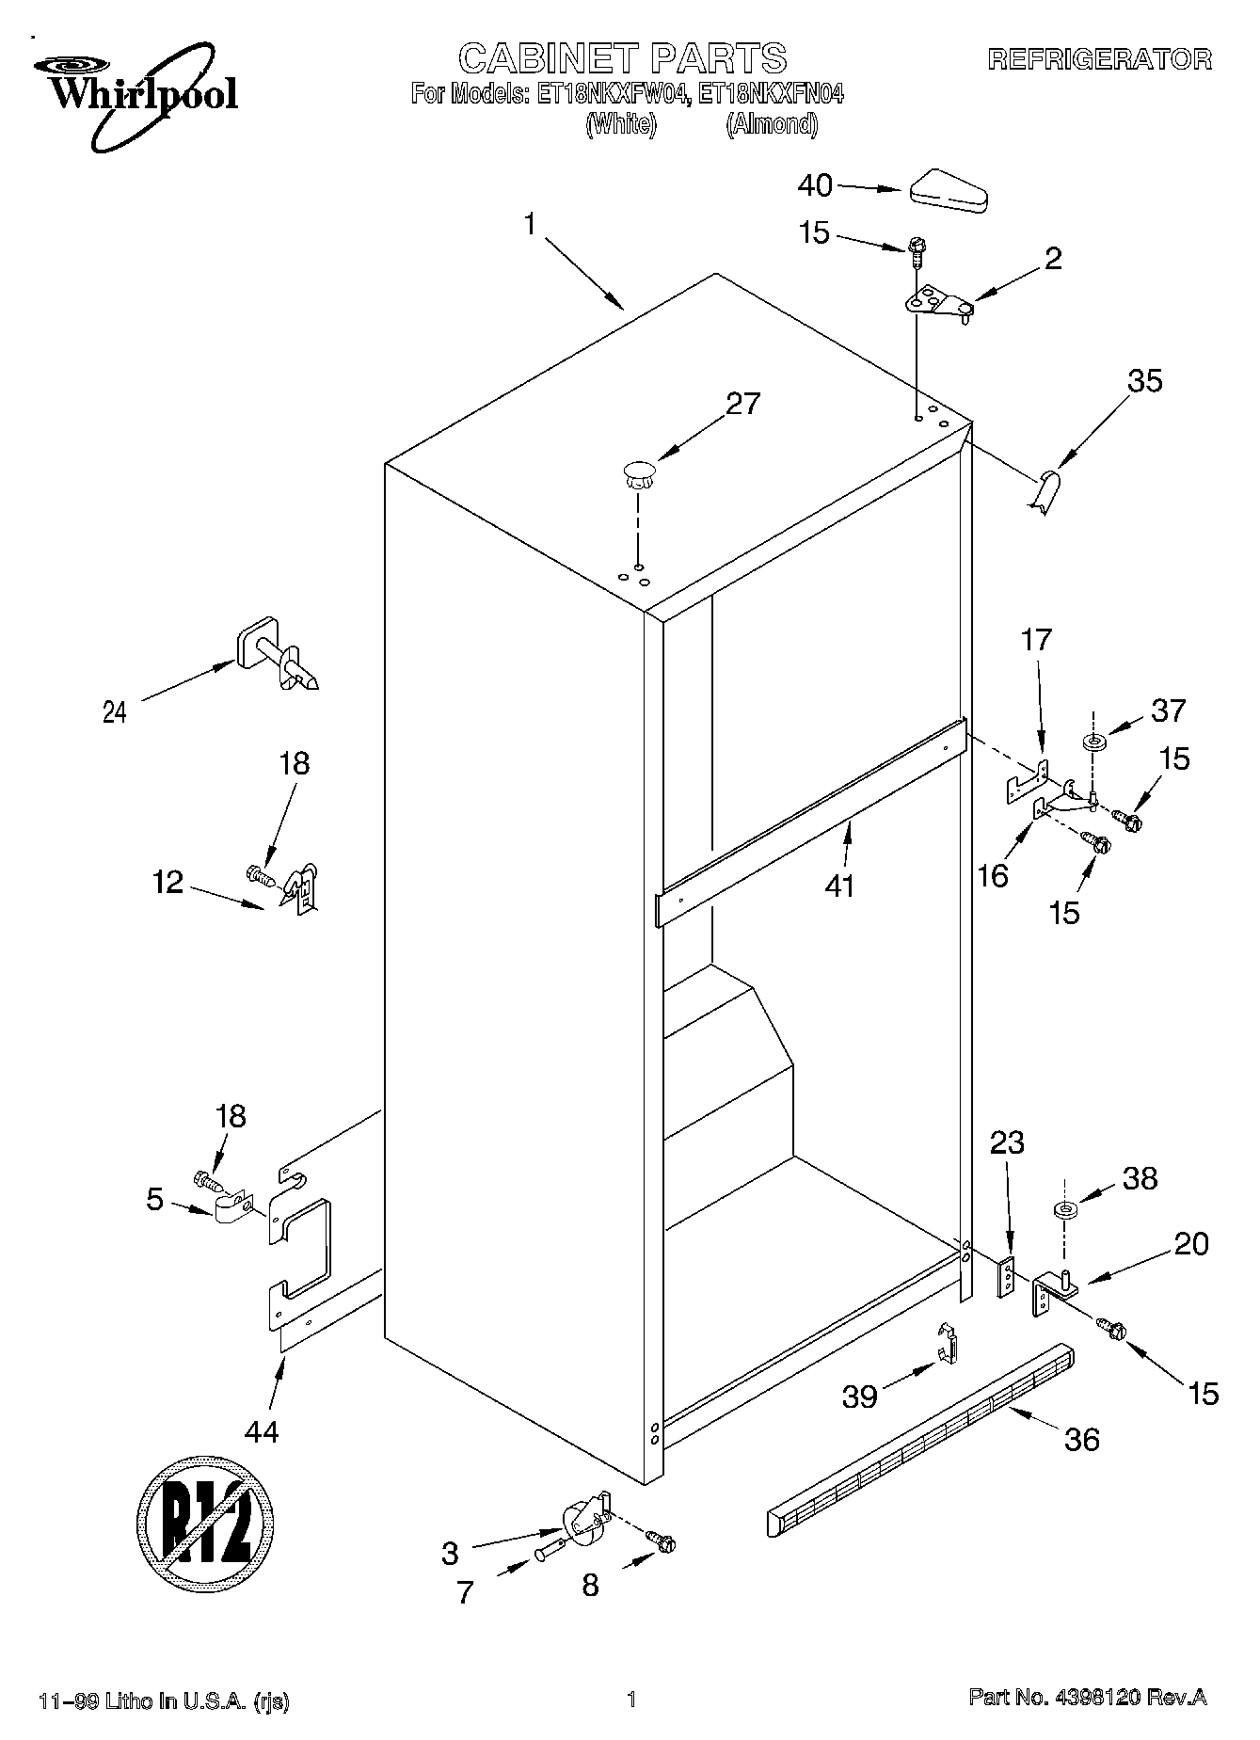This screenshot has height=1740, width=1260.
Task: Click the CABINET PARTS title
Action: [622, 58]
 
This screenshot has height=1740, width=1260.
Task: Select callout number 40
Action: [815, 186]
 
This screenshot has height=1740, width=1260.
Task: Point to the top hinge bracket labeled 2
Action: [937, 303]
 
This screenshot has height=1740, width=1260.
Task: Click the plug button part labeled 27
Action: [638, 472]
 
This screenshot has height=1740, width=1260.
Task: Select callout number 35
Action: [1144, 381]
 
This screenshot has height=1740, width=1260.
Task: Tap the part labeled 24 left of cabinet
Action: [277, 653]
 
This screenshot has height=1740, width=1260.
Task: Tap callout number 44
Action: [261, 1431]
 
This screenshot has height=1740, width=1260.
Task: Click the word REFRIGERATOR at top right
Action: [1099, 60]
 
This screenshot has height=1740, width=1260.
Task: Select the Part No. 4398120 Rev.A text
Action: [1087, 1698]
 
